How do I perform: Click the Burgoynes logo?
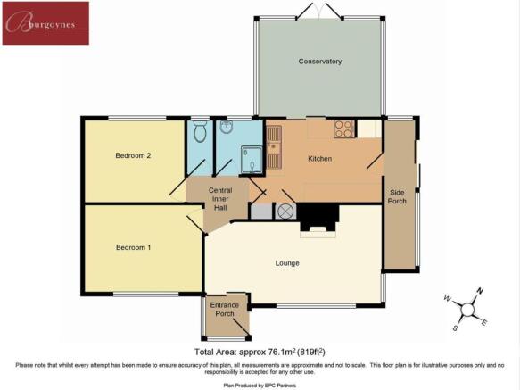coord(45,23)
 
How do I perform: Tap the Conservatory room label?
coord(320,62)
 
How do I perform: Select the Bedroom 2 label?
coord(133,155)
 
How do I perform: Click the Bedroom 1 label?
coord(133,247)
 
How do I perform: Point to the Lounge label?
coord(287,263)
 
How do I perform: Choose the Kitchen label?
coord(320,159)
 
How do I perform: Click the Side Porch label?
coord(397,197)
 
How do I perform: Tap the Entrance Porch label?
coord(225,310)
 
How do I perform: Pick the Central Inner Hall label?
coord(220,199)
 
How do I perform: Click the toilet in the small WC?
coord(200,131)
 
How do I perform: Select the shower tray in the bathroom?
coord(252,160)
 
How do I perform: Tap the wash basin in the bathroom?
coord(227,127)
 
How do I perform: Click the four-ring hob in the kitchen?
coord(344,129)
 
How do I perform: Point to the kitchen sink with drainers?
coord(274,146)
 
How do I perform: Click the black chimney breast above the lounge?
coord(318,217)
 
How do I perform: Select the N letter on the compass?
coord(480,292)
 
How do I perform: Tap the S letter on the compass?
coord(455,328)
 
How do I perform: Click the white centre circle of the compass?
coord(467,310)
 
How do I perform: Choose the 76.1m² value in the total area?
coord(280,352)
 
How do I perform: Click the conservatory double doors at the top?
coord(319,11)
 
